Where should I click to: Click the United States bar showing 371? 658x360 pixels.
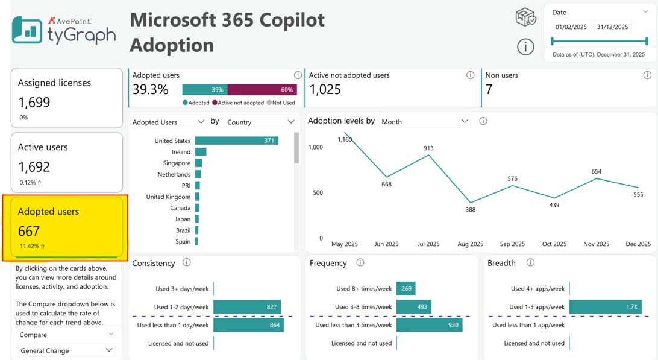pos(237,141)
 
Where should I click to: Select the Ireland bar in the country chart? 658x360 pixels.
pos(201,151)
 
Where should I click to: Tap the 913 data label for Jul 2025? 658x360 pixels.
pos(428,148)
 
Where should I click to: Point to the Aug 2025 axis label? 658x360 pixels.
pos(471,244)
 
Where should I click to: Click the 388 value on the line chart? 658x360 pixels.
pos(471,210)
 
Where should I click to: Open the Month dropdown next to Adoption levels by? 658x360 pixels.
pos(425,121)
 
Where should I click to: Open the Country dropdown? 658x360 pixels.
pos(261,122)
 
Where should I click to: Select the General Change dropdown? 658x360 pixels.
pos(67,350)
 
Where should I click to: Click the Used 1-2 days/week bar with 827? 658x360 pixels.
pos(247,307)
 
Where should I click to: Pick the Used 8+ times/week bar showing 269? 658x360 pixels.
pos(406,289)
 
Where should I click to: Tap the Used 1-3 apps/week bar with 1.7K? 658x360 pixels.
pos(606,307)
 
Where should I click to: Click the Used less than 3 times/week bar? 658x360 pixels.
pos(429,324)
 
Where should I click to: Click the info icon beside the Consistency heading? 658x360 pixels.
pos(187,262)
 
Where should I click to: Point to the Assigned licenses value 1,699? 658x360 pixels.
pos(34,102)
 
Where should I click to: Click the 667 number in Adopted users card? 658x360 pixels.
pos(28,231)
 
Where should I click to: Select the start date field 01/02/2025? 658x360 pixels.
pos(571,27)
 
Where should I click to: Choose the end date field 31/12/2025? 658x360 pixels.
pos(612,27)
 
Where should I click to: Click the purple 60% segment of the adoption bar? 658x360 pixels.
pos(262,89)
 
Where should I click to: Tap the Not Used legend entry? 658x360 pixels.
pos(281,103)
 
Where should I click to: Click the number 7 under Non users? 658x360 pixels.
pos(489,89)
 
